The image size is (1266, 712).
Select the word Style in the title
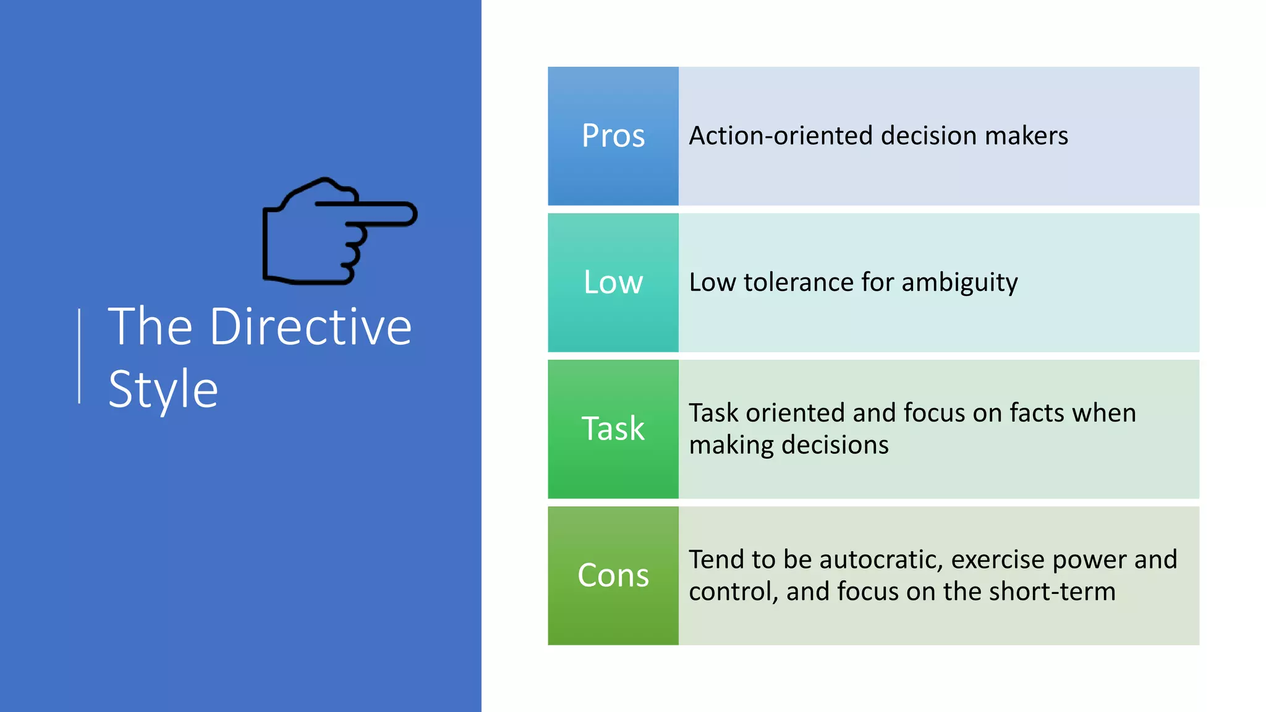(x=163, y=389)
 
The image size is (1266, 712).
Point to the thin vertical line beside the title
(x=79, y=356)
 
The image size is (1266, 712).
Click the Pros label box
(x=613, y=136)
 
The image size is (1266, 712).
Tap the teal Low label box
(x=613, y=282)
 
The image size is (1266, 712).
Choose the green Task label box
(x=613, y=429)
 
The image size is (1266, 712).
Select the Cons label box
(x=613, y=575)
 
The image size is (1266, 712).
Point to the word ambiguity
(x=959, y=283)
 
